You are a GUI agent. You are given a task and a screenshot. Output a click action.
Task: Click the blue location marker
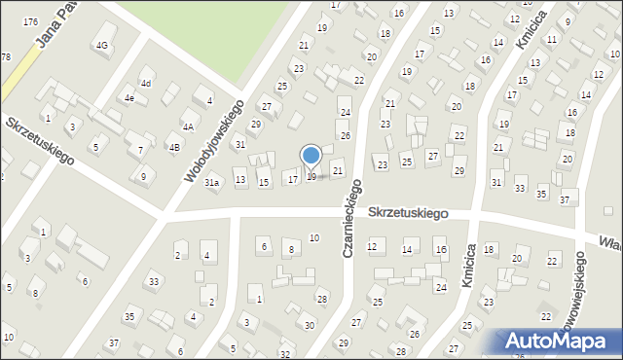[311, 156]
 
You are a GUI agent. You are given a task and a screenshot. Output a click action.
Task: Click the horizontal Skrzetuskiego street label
[408, 212]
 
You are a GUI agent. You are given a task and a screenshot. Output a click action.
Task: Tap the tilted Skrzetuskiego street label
[41, 142]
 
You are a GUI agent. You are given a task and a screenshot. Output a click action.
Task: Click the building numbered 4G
[101, 46]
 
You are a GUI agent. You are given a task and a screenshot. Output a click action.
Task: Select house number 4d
[145, 83]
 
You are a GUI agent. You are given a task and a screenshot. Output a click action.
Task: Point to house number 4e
[128, 98]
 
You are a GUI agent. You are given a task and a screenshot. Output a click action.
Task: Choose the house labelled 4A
[189, 126]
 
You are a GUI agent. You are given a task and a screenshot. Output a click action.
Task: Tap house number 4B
[174, 148]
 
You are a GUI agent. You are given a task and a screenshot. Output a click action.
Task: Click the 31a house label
[212, 182]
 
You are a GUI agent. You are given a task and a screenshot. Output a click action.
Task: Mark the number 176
[31, 21]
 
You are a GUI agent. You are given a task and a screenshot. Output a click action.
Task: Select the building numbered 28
[322, 299]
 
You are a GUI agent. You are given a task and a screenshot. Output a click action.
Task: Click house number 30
[310, 325]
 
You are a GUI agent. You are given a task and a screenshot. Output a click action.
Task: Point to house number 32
[284, 354]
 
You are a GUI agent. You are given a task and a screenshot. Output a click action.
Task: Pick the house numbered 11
[552, 40]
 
